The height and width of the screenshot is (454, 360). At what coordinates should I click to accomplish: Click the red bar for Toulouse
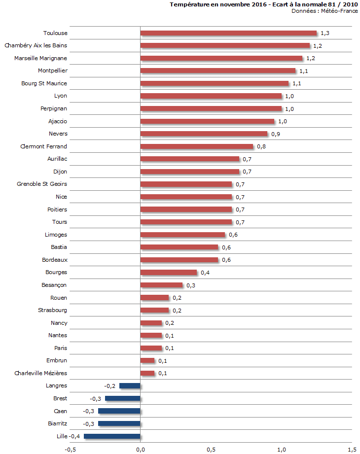tap(228, 33)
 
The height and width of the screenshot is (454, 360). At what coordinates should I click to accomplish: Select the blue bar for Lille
tap(112, 436)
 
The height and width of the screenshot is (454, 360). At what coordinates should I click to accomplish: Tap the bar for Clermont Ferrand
tap(197, 146)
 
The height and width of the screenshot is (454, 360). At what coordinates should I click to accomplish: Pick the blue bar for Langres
tap(130, 386)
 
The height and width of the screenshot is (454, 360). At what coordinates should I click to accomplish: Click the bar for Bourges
tap(169, 273)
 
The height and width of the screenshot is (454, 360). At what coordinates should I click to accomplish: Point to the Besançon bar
tap(162, 285)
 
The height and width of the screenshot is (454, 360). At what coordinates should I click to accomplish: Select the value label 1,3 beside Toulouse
tap(325, 34)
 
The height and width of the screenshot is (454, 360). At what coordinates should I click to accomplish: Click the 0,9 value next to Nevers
tap(275, 134)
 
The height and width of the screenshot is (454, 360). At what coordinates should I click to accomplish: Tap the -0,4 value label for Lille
tap(75, 436)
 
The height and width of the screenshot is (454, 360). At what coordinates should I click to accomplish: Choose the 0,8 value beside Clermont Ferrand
tap(261, 147)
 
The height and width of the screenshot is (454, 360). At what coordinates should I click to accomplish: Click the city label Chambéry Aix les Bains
tap(36, 46)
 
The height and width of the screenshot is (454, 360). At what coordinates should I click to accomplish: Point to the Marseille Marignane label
tap(41, 58)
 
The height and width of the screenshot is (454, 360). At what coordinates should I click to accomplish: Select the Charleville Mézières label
tap(41, 373)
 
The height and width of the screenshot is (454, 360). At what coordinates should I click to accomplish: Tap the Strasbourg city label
tap(52, 310)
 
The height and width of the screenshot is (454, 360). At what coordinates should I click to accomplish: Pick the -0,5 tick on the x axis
tap(71, 449)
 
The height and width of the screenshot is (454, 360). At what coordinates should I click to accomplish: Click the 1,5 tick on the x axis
tap(352, 449)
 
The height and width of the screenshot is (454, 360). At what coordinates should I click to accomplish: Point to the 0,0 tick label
tap(141, 449)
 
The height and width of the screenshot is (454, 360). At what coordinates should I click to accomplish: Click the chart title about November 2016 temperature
tap(263, 4)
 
